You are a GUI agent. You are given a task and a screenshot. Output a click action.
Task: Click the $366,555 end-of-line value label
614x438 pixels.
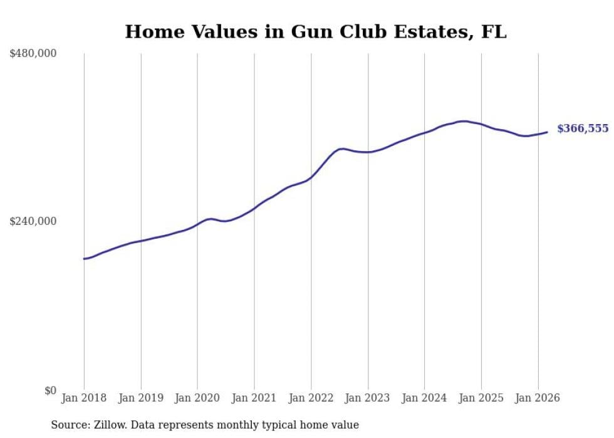[x=582, y=128]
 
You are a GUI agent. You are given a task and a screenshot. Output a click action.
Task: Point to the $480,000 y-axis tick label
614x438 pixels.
[x=33, y=54]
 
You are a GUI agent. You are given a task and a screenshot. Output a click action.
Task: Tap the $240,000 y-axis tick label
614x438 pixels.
[x=33, y=221]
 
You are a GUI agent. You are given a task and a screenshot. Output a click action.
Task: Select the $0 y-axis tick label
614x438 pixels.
[x=50, y=390]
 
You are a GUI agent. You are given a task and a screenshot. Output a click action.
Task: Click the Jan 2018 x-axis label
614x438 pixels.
[x=84, y=398]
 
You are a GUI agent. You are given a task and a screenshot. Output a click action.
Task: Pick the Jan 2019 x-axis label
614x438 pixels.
[x=141, y=398]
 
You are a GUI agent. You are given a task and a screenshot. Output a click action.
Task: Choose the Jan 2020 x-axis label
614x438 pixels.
[x=197, y=398]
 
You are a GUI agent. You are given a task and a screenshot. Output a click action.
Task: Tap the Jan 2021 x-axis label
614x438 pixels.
[x=254, y=398]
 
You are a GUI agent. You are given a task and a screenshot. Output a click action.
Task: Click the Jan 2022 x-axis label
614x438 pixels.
[x=311, y=398]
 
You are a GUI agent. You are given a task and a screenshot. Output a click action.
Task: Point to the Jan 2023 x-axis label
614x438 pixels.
[x=368, y=398]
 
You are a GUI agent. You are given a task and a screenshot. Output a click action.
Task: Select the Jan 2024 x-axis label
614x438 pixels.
[x=424, y=398]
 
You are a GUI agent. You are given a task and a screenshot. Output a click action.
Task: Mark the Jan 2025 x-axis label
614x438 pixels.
[x=481, y=398]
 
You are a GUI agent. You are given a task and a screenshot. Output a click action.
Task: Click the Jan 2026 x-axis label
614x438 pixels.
[x=538, y=398]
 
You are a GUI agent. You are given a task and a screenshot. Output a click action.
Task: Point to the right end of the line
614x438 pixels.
[x=547, y=132]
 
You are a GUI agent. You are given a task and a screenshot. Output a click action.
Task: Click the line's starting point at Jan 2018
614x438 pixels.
[x=84, y=258]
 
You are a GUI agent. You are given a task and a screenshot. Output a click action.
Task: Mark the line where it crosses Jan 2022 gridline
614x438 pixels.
[x=311, y=178]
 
